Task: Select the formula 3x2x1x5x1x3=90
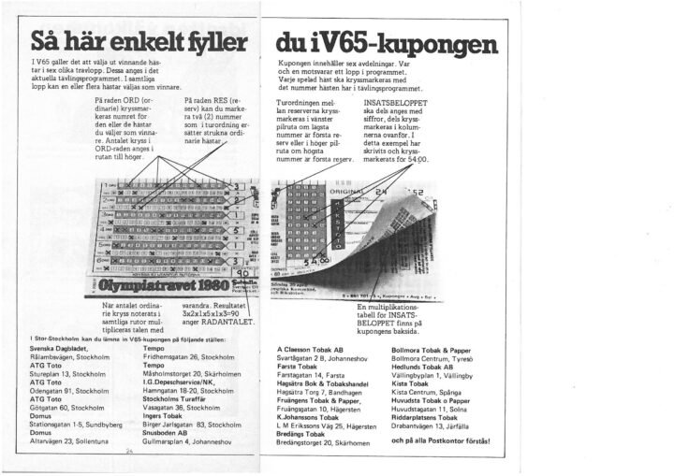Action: point(218,313)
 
